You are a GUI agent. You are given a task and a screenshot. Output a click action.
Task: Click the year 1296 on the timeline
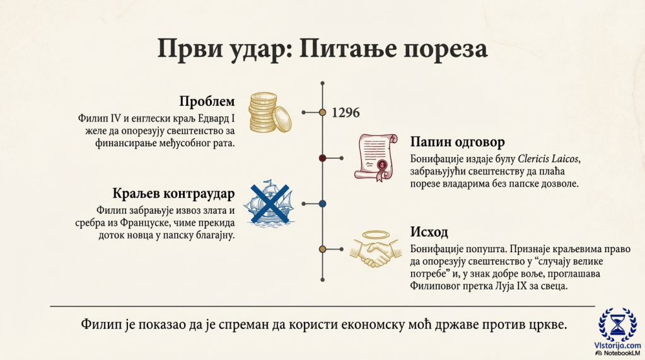coord(346,113)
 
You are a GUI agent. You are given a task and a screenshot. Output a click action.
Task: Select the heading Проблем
coord(207,102)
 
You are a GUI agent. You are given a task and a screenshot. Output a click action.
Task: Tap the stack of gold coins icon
coord(270,112)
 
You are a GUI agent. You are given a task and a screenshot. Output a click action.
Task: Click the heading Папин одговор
coord(457,142)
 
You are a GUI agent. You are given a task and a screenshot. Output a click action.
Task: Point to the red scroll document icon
coord(375,157)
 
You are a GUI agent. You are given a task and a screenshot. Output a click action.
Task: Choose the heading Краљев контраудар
coord(173,193)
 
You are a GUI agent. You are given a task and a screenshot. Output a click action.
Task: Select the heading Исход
coord(429,232)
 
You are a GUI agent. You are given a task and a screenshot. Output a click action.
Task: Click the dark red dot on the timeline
coord(323,158)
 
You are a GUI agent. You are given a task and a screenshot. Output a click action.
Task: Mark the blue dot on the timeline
coord(323,204)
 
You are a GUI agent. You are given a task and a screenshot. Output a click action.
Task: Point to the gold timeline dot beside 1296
coord(323,112)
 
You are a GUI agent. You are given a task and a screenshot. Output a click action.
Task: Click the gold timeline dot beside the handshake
coord(323,249)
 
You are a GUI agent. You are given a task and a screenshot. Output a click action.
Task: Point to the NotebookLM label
coord(620,354)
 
